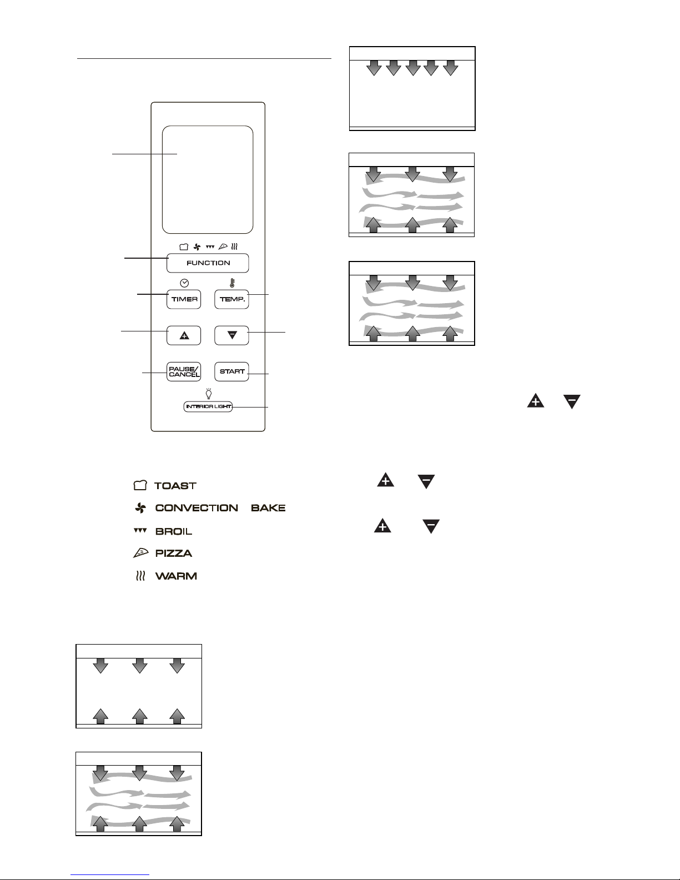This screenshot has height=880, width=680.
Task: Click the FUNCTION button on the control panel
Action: [x=208, y=263]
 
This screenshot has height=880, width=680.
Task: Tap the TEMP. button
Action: [x=231, y=299]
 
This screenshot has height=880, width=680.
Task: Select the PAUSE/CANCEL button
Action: [x=184, y=371]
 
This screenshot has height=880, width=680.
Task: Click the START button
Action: [x=231, y=371]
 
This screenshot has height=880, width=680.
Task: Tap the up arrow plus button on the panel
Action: [x=184, y=335]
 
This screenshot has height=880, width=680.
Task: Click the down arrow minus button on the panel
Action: [x=231, y=335]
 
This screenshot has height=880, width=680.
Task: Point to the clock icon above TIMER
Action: [x=184, y=283]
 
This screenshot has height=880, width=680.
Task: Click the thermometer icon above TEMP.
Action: [x=233, y=283]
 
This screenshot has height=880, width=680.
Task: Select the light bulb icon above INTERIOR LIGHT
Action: [x=209, y=393]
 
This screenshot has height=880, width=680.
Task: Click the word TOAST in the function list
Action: [x=175, y=486]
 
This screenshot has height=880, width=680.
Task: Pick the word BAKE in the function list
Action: [x=268, y=508]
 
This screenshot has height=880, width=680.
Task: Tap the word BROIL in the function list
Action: [x=174, y=531]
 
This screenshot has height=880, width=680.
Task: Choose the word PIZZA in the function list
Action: [x=174, y=553]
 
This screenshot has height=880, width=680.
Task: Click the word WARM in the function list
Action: [x=176, y=576]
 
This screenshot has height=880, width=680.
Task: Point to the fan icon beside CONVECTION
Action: [x=140, y=508]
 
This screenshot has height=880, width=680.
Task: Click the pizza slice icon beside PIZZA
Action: [x=141, y=553]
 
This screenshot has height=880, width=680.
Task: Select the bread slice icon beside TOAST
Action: [x=140, y=485]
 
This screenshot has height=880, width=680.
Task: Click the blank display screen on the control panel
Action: [x=208, y=179]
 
